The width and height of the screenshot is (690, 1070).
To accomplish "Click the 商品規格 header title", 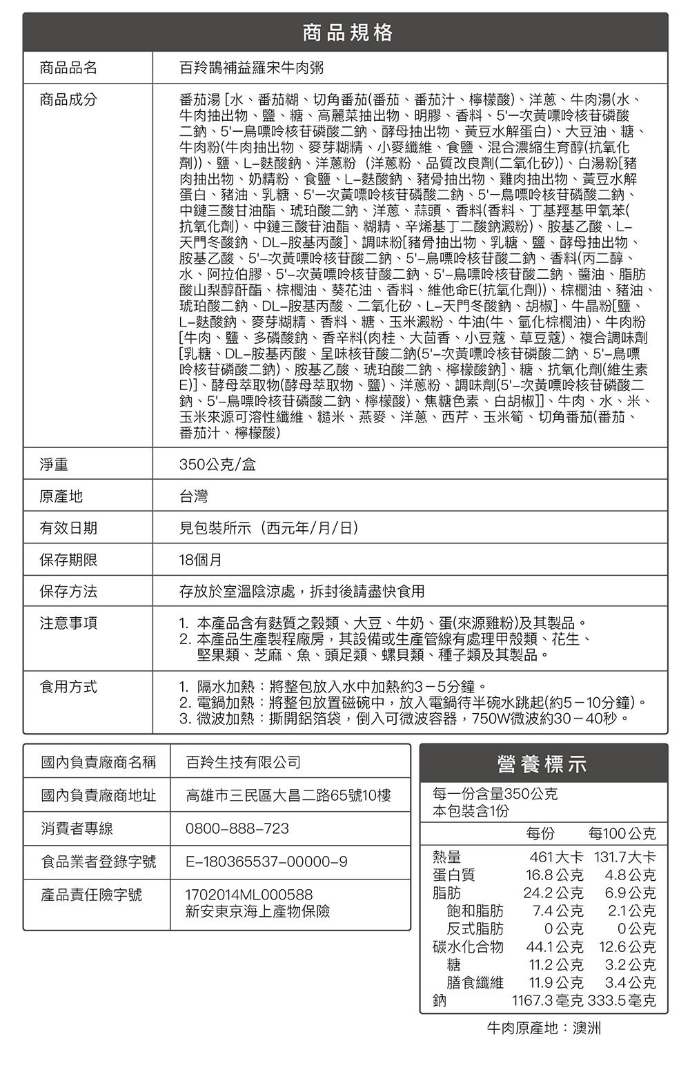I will point(347,32).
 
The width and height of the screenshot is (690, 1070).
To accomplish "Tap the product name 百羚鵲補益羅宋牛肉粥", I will point(250,68).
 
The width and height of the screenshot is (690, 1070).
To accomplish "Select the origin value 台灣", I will point(193,496).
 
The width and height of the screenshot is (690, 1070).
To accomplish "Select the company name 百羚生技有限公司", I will point(244,762).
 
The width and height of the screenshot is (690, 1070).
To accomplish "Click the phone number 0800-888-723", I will point(237,828).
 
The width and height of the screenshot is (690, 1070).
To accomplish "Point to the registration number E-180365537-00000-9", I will point(266,862).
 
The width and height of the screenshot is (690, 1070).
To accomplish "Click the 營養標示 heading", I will point(542,764).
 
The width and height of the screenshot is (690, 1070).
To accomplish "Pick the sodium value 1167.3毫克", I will point(546,1000).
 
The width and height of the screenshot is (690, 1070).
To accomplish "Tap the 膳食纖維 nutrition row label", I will point(475,982).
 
